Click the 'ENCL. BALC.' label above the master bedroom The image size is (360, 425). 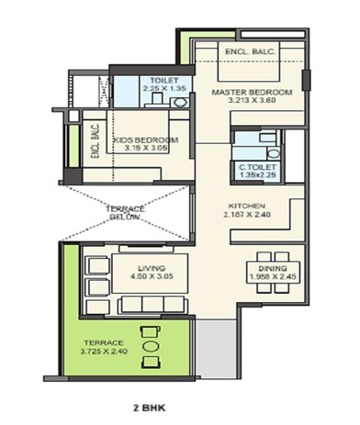coord(247,54)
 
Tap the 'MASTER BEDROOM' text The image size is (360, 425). coord(251,93)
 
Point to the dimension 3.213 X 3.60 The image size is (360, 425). coord(251,103)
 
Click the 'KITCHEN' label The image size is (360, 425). coord(247,207)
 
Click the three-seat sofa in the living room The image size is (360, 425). coord(95,280)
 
